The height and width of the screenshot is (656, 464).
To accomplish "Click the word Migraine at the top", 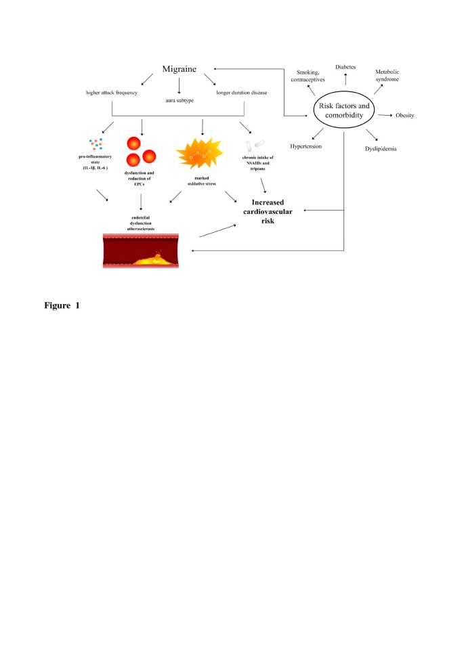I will pos(180,69).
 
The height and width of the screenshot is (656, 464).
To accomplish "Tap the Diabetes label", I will pos(345,66).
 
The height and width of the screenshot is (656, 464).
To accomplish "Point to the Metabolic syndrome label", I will pos(392,75).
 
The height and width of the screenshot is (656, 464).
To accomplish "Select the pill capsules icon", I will pos(255,145).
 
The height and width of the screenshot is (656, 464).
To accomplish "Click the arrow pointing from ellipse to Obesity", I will pos(385,116).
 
